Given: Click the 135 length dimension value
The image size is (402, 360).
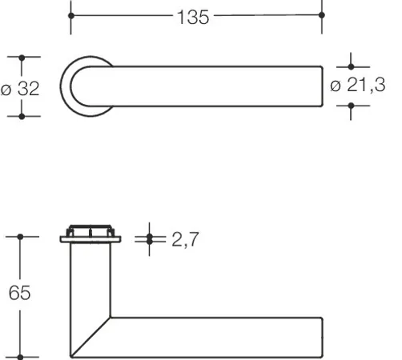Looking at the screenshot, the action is pos(193,18).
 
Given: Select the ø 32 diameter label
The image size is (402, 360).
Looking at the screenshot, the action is pos(20,89).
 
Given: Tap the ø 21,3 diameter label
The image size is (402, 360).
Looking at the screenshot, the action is pos(358,85).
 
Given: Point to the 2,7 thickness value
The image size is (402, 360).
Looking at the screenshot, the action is pos(185,239).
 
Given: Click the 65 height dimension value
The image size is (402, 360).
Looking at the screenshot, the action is pos(19,293).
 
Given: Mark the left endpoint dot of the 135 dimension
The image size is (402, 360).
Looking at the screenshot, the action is pos(71,16).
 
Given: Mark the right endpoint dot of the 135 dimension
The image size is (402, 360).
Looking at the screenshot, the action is pos(322,15).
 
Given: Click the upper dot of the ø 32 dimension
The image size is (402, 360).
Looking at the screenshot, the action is pos(22,58).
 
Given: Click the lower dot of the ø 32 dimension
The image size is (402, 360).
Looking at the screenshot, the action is pos(22,117).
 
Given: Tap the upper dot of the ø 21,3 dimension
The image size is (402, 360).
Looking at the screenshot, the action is pos(351,66).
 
